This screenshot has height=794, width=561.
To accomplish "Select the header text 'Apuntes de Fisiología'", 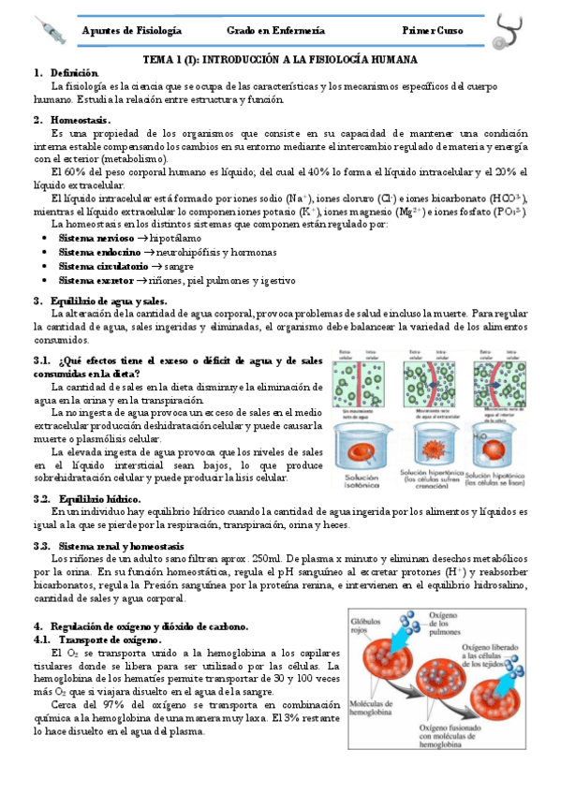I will [x=133, y=32].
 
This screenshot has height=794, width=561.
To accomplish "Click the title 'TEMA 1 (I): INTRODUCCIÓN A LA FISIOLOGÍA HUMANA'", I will [x=280, y=59].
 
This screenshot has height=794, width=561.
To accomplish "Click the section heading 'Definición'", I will [x=74, y=72].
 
